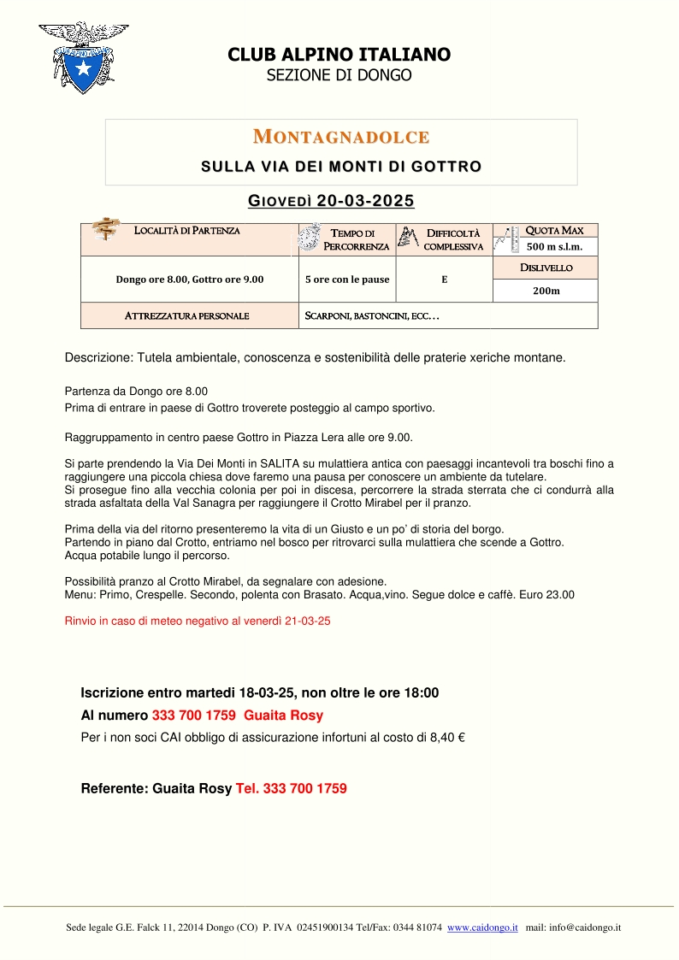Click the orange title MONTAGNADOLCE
point(341,137)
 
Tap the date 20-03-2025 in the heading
point(365,202)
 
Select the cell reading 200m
point(546,291)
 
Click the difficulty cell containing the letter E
point(445,280)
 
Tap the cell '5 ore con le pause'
point(347,280)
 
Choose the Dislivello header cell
point(546,268)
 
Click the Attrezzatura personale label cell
point(186,315)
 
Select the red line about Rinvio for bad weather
point(198,621)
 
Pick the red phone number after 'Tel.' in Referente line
point(305,789)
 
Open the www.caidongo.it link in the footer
point(482,928)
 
